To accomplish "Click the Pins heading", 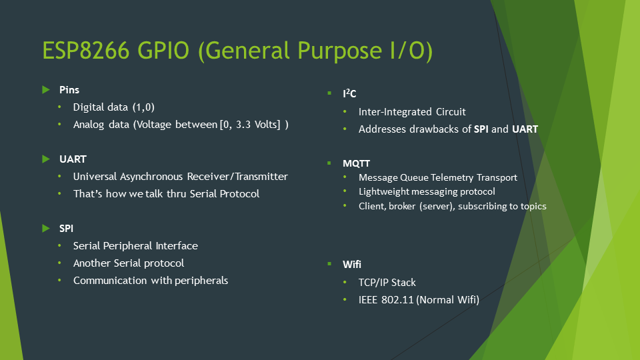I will pos(69,89).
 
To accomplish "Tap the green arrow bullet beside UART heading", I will pos(45,159).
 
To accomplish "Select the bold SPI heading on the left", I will pos(67,228).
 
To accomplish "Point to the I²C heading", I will pos(349,95).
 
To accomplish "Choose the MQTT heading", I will pos(357,163).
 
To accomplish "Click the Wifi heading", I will pos(352,264).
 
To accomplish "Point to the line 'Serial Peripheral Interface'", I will pos(135,245).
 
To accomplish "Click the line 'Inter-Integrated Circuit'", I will pos(412,112).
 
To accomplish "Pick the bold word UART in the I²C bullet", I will pos(525,129).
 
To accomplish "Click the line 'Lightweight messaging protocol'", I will pos(427,192).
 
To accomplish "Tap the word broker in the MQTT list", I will pos(403,207).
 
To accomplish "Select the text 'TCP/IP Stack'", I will pos(387,283).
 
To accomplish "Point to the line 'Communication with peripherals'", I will pos(151,280).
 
